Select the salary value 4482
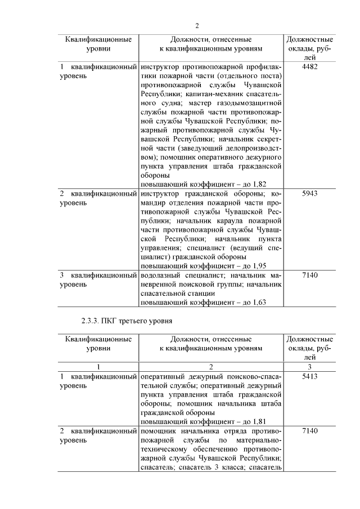pos(310,67)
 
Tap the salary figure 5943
pos(310,193)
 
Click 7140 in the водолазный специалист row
pos(310,276)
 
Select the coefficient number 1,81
pos(256,421)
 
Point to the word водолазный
pos(161,276)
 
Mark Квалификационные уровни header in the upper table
pos(98,44)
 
